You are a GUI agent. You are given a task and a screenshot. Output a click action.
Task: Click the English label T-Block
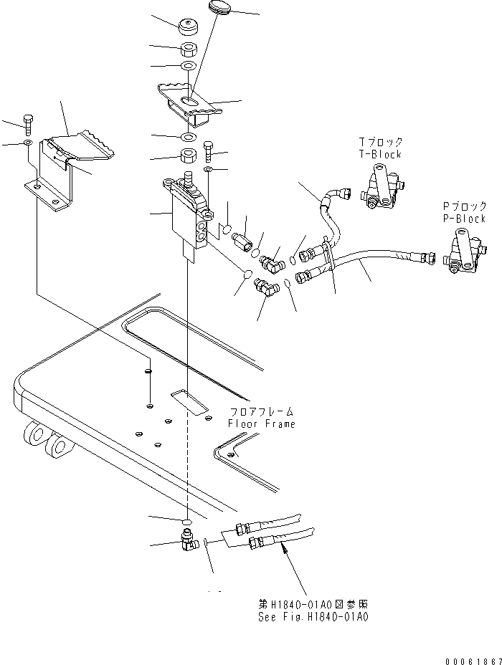coord(380,154)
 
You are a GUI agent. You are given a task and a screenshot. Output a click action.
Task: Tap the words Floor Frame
coord(262,424)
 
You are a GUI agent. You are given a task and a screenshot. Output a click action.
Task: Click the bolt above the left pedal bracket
coord(28,124)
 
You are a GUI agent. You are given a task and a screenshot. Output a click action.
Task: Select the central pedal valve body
coord(188,215)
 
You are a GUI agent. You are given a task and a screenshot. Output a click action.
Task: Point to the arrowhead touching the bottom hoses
coord(285,549)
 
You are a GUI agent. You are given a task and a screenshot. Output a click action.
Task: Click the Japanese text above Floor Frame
coord(262,412)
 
